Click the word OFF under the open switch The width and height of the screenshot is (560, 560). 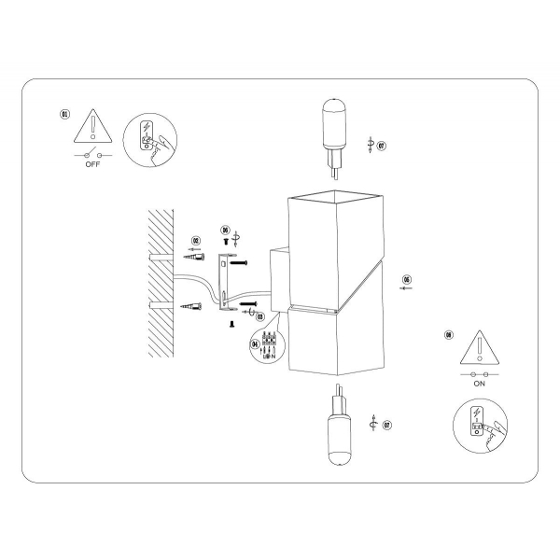tap(91, 163)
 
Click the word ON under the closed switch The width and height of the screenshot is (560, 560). tap(480, 383)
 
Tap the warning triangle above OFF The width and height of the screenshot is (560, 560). tap(92, 126)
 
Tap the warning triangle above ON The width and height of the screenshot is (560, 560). tap(480, 347)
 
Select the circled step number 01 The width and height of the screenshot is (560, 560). tap(64, 114)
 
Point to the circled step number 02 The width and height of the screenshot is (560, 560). tap(195, 241)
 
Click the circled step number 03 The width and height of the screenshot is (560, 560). tap(259, 316)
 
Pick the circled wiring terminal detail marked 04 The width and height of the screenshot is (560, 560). tap(268, 345)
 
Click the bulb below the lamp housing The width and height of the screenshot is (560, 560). tap(337, 430)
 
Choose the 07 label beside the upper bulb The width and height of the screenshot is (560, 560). tap(382, 146)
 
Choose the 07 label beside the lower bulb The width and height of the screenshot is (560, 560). tap(386, 425)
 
